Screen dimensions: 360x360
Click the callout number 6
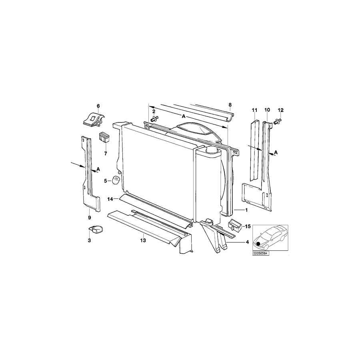(98, 106)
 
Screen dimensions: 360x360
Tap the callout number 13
(143, 240)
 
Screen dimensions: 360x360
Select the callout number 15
(248, 227)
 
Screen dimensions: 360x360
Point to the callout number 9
(90, 218)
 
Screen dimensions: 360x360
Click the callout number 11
(254, 110)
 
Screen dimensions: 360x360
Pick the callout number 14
(110, 199)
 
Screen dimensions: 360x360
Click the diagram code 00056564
(260, 254)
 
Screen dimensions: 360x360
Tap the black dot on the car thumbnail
(258, 244)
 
